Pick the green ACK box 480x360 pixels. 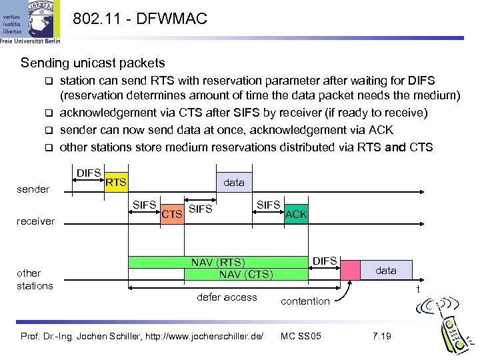point(295,214)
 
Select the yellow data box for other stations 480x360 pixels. point(385,270)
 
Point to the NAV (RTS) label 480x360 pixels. point(218,262)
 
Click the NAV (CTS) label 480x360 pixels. point(246,274)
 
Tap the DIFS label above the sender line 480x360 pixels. point(89,173)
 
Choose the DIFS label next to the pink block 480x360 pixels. point(325,261)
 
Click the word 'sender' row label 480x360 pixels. point(33,189)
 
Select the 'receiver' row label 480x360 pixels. point(36,221)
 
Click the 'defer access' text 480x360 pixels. point(227,297)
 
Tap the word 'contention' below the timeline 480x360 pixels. point(305,301)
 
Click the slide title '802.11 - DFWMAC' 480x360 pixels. point(139,19)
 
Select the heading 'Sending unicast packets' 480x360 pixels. point(93,63)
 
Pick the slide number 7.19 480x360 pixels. point(381,335)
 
